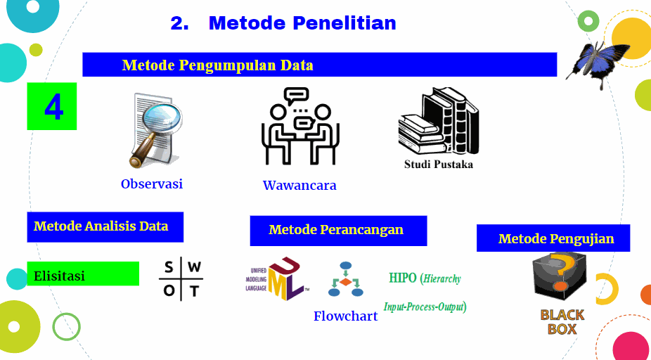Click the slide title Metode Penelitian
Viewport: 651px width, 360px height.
pyautogui.click(x=302, y=23)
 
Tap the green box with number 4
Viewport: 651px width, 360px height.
pyautogui.click(x=52, y=106)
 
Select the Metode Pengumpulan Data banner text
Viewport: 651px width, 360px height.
pyautogui.click(x=217, y=65)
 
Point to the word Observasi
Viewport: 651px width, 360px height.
pyautogui.click(x=152, y=184)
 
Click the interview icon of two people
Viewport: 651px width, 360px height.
pyautogui.click(x=300, y=126)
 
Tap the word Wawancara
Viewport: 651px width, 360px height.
pyautogui.click(x=299, y=185)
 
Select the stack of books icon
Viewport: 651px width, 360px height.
pyautogui.click(x=439, y=120)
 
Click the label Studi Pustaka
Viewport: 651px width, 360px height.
pyautogui.click(x=439, y=165)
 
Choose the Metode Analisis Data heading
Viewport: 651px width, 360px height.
pyautogui.click(x=101, y=226)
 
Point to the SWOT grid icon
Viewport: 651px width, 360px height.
pyautogui.click(x=181, y=279)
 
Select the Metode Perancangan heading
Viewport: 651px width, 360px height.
pyautogui.click(x=336, y=230)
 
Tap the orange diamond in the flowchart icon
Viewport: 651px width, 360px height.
pyautogui.click(x=345, y=282)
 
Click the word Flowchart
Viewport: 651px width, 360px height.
pyautogui.click(x=345, y=316)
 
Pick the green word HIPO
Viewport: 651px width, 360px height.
pyautogui.click(x=402, y=278)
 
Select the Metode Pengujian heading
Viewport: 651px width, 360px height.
pyautogui.click(x=556, y=239)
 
